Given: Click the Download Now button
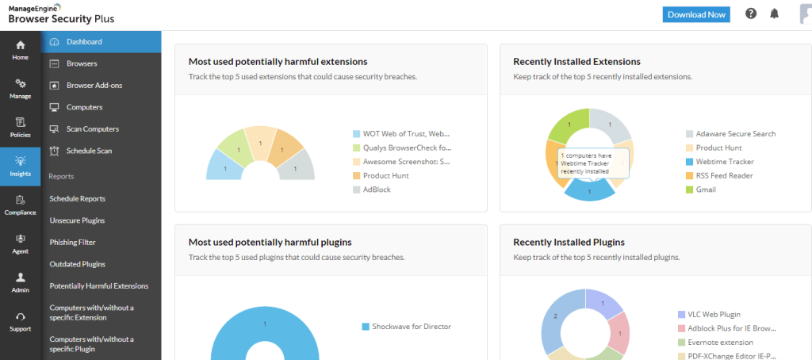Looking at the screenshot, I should [696, 14].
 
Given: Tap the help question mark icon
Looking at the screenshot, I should [751, 13].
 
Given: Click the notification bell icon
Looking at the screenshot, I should [775, 13].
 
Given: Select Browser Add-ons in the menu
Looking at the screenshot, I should [94, 85].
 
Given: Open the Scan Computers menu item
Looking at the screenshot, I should [92, 128].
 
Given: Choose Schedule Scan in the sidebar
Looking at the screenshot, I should [89, 151].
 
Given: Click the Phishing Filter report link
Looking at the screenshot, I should [72, 242].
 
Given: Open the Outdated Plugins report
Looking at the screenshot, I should [76, 264].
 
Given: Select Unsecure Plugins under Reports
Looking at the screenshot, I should [77, 220].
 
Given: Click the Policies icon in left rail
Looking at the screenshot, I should [21, 127].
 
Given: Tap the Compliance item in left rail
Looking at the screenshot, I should [21, 205].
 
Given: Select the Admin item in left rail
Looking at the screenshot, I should [21, 282].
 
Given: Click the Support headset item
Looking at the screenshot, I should [21, 320].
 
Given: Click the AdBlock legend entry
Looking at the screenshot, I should [377, 190].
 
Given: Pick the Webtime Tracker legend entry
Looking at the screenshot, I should [724, 162].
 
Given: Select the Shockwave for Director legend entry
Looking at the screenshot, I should [411, 326].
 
